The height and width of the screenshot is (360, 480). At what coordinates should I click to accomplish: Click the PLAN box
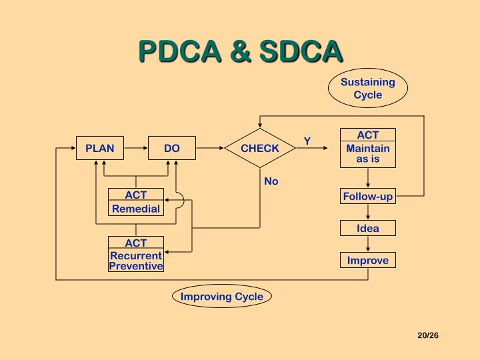pyautogui.click(x=100, y=148)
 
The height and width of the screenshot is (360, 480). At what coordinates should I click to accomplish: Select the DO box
pyautogui.click(x=172, y=148)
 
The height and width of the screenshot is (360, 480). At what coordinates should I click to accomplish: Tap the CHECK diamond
pyautogui.click(x=260, y=148)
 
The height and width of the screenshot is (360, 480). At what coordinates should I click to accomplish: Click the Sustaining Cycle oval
pyautogui.click(x=368, y=89)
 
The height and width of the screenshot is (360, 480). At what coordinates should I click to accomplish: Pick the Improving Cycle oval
pyautogui.click(x=222, y=297)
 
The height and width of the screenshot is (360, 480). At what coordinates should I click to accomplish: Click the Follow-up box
pyautogui.click(x=368, y=197)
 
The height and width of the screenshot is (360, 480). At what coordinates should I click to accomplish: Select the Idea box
pyautogui.click(x=368, y=229)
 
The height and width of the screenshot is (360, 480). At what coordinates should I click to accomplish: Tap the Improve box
pyautogui.click(x=368, y=261)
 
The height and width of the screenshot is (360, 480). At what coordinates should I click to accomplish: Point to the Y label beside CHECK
pyautogui.click(x=307, y=141)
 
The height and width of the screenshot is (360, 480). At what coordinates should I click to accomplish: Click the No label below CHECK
pyautogui.click(x=271, y=181)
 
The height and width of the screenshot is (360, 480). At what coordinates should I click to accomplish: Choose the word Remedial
pyautogui.click(x=136, y=209)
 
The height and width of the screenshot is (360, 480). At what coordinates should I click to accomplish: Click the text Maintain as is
pyautogui.click(x=368, y=154)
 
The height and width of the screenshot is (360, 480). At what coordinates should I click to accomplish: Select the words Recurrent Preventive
pyautogui.click(x=136, y=261)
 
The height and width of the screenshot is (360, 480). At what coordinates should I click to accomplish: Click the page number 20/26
pyautogui.click(x=428, y=335)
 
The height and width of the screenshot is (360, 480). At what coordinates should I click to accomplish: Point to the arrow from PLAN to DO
pyautogui.click(x=136, y=148)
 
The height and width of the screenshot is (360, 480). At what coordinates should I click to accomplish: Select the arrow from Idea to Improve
pyautogui.click(x=368, y=245)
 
